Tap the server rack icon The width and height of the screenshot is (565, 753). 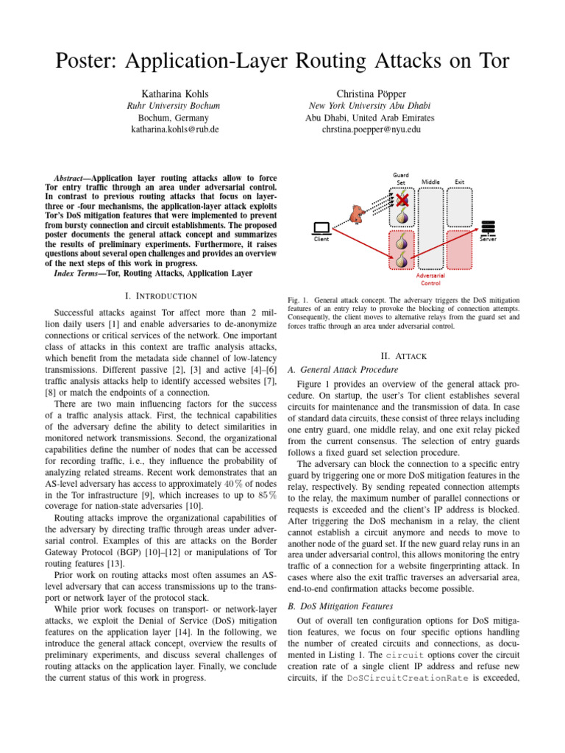click(488, 227)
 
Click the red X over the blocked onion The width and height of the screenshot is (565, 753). click(402, 199)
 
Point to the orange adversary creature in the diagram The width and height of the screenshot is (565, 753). click(358, 213)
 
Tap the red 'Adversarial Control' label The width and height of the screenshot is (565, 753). click(430, 279)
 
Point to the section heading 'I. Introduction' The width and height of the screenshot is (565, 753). click(161, 296)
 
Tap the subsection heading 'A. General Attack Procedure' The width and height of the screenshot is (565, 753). click(343, 369)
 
